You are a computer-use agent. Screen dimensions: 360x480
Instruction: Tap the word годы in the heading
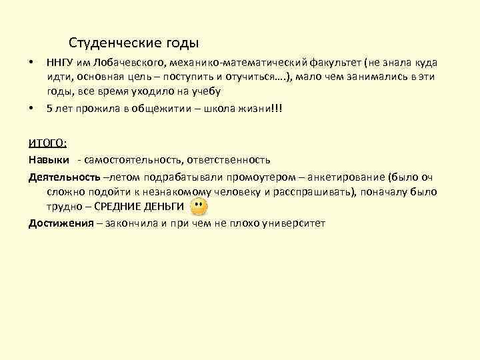pos(178,44)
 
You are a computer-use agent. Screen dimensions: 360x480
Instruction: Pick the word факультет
pos(331,63)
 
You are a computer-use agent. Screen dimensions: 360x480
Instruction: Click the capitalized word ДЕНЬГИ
pos(162,207)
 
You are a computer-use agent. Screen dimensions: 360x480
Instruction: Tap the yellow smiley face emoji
pos(198,206)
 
